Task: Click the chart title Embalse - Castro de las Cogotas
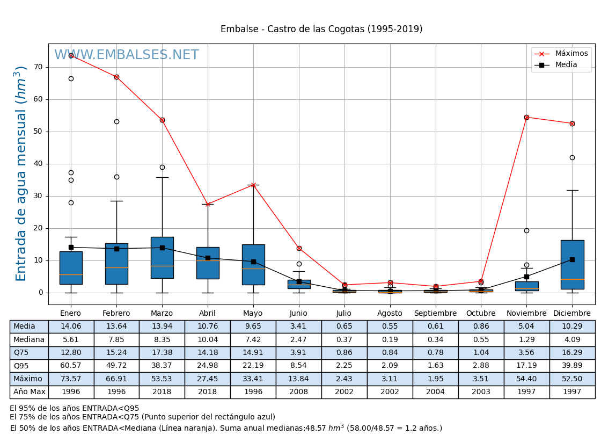click(x=321, y=30)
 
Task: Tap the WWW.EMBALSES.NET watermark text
click(x=127, y=55)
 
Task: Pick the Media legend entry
click(x=566, y=65)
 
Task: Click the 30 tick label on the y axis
click(x=38, y=196)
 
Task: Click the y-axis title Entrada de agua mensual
click(x=21, y=173)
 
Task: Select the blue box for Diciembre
click(x=572, y=265)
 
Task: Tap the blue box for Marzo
click(x=162, y=258)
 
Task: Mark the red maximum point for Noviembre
click(x=526, y=117)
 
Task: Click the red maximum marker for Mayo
click(x=253, y=185)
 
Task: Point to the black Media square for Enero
click(x=71, y=248)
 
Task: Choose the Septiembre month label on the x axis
click(x=435, y=314)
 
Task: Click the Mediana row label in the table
click(x=29, y=340)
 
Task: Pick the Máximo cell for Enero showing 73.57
click(x=71, y=379)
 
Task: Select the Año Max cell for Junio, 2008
click(x=298, y=392)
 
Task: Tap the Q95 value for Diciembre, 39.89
click(x=572, y=366)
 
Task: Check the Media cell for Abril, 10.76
click(x=208, y=327)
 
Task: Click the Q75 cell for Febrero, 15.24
click(x=116, y=353)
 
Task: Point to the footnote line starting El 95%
click(x=75, y=409)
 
